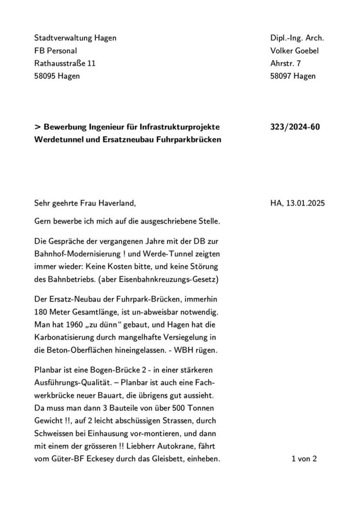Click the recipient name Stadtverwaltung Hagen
pos(75,38)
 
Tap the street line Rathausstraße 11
pos(65,63)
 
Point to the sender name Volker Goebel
pos(295,50)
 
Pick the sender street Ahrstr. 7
pos(285,63)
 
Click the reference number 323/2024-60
pos(295,127)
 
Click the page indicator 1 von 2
pos(304,459)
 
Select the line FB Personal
pos(56,50)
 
